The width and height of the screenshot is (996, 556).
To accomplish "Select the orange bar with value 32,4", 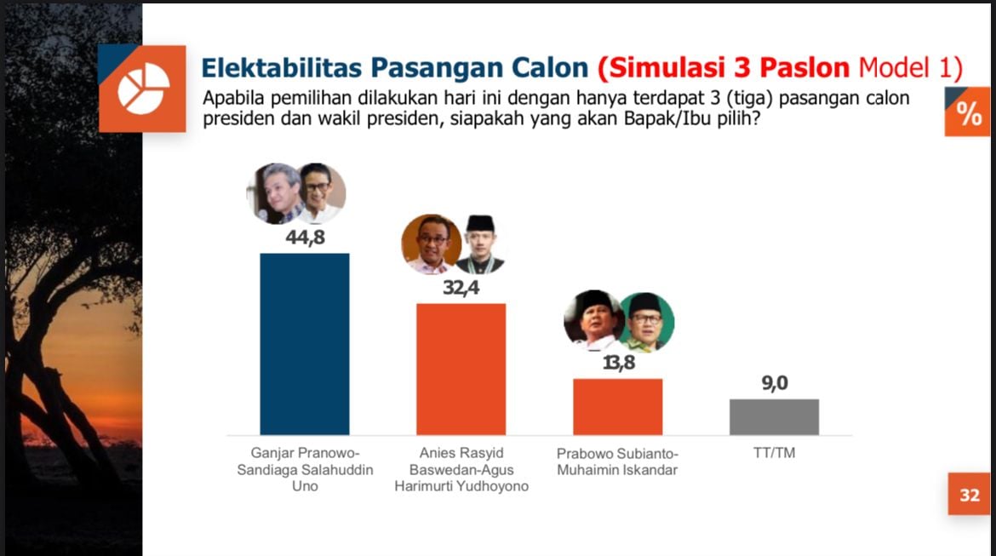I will (461, 369).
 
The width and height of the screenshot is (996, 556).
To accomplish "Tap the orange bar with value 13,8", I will (617, 406).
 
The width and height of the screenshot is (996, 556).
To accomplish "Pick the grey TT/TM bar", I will (774, 416).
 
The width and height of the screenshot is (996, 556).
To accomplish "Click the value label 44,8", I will (305, 238).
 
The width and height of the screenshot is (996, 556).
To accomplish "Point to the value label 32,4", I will (461, 288).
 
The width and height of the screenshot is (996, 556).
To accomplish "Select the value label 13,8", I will (617, 364).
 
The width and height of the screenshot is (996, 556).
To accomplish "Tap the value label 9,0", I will (774, 384).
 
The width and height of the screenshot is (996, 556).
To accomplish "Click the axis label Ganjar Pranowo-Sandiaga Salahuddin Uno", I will (304, 469).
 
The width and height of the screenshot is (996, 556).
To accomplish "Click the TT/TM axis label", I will (774, 453).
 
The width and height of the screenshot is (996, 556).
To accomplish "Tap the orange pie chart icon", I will (143, 89).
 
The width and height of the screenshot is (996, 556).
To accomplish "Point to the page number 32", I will (970, 495).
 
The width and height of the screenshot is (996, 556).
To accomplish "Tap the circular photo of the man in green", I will (646, 321).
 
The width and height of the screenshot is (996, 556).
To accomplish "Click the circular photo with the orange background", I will (431, 244).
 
